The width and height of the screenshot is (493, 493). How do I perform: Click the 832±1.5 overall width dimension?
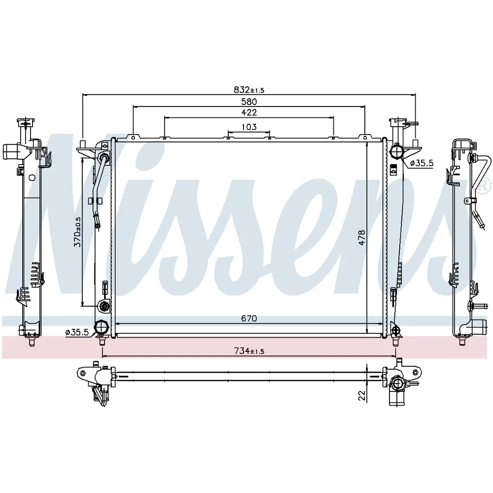(249, 90)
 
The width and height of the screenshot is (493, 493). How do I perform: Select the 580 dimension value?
(249, 102)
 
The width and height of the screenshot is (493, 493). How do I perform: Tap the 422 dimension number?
(249, 112)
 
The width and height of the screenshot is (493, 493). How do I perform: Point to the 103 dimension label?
(249, 127)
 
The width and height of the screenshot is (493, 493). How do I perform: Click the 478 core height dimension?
(362, 238)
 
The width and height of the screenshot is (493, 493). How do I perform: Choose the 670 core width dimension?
(249, 318)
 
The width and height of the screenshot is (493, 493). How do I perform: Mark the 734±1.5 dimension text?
(249, 351)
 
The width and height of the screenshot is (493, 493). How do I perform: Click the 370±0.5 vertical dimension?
(77, 232)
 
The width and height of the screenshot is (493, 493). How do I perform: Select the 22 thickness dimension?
(362, 395)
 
